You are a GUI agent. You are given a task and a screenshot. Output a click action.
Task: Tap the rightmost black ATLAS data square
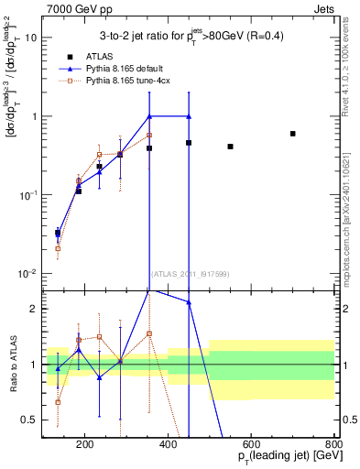coord(292,134)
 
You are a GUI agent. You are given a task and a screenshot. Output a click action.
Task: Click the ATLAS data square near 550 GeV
coord(230,147)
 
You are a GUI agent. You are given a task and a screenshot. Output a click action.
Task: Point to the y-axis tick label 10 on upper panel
coord(31,38)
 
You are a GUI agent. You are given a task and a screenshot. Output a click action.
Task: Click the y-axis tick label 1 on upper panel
coord(35,116)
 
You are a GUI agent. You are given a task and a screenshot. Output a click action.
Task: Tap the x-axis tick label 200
coord(85,446)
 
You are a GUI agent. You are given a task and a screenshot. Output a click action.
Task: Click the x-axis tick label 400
coord(169,446)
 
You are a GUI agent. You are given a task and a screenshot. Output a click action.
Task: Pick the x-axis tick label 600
coord(251,446)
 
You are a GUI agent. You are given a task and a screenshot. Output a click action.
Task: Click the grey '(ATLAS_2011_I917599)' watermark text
coord(188,273)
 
